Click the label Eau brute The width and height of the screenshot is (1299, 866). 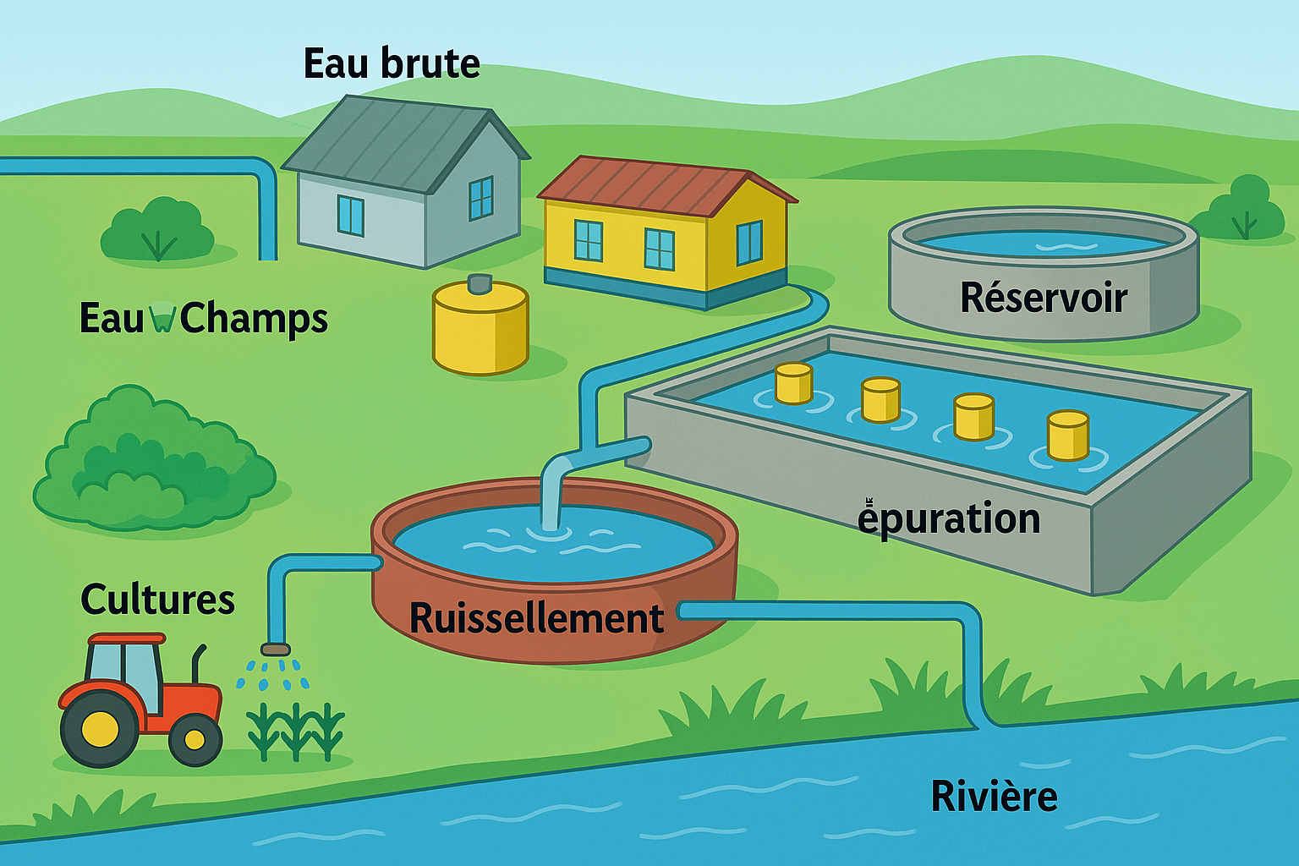point(392,64)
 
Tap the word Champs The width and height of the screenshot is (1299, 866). point(254,319)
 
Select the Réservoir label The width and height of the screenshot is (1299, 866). point(1044,298)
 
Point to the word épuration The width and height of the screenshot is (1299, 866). point(949,518)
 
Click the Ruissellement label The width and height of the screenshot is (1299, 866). point(536,618)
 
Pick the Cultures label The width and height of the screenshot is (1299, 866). point(157,600)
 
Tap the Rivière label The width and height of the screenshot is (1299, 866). point(994,797)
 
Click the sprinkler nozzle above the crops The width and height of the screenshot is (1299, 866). point(275,649)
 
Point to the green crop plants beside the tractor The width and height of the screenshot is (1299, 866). point(295,732)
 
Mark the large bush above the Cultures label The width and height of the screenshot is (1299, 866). point(152,461)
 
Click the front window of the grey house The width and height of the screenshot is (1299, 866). point(350,216)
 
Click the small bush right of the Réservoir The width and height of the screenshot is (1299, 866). point(1242,210)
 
